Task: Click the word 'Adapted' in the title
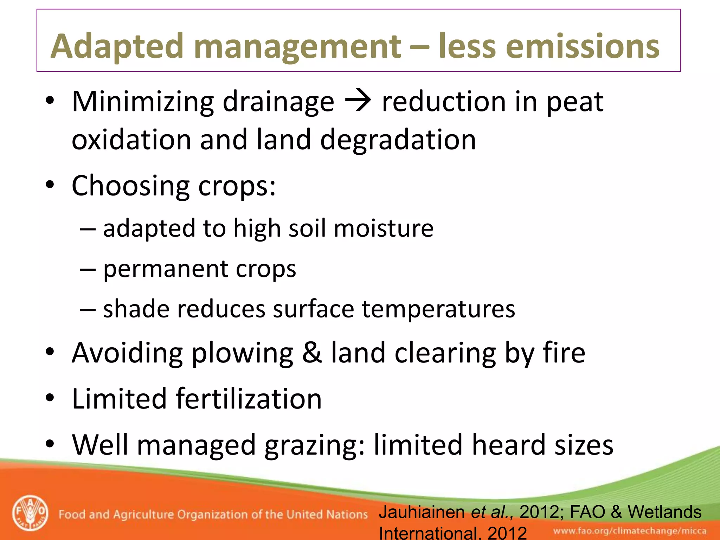tap(117, 47)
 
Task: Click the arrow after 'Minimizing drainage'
tap(358, 102)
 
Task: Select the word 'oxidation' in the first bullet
tap(131, 140)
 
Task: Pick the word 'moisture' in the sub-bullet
tap(384, 229)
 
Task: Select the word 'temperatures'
tap(438, 310)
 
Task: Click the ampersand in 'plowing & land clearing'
tap(312, 353)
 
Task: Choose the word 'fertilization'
tap(249, 399)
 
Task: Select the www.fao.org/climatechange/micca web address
tap(630, 531)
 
